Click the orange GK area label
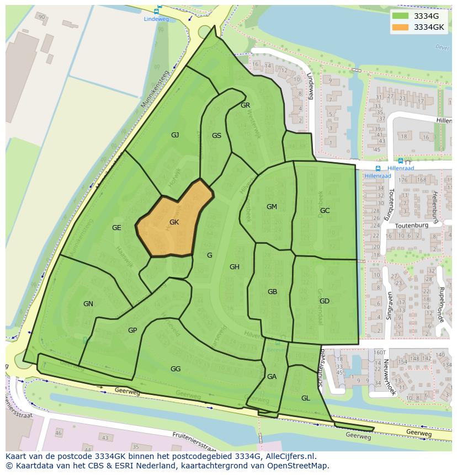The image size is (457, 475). coord(174,222)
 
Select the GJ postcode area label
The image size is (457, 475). coord(175,135)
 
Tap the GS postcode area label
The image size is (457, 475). coord(216,136)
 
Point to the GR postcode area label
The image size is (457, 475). coord(246,105)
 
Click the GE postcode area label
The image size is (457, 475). coord(116,227)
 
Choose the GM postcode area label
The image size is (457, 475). coord(272,207)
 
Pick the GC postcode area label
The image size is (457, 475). coord(325,210)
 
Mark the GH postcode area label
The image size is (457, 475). coord(235,267)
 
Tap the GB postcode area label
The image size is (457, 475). coord(272,292)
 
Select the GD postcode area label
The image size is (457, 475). coord(324,301)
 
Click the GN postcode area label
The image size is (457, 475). coord(88,304)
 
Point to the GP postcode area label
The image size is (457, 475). coord(132,330)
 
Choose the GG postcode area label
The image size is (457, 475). coord(176,369)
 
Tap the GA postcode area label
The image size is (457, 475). coord(272,377)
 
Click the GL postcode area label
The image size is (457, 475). coord(305,398)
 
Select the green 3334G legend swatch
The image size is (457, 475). coord(401,16)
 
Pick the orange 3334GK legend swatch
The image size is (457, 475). coord(401,26)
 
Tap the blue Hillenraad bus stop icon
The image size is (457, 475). coord(378,168)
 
